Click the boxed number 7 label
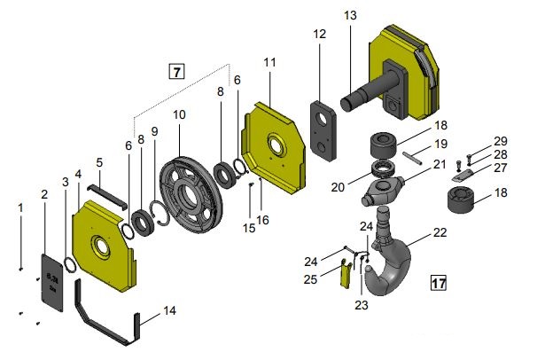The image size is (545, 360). [176, 72]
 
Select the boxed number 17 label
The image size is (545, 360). [439, 283]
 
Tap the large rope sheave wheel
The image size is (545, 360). [191, 195]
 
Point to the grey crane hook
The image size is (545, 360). [387, 255]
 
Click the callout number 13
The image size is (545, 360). [350, 15]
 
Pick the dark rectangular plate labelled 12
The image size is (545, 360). [323, 130]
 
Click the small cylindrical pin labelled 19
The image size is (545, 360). [413, 158]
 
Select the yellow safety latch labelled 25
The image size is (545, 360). [346, 273]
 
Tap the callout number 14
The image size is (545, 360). [169, 310]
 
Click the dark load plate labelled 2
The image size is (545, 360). [52, 283]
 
